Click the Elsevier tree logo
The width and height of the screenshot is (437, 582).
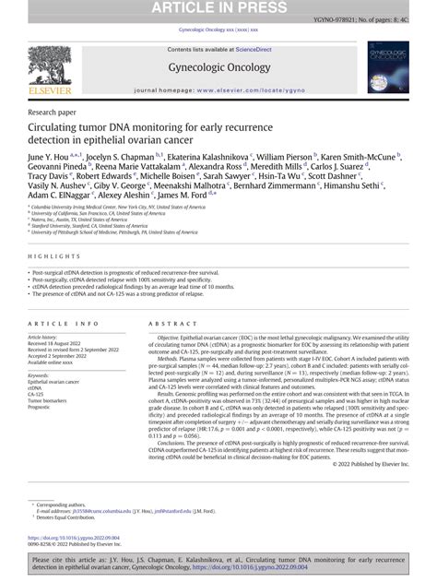pos(49,65)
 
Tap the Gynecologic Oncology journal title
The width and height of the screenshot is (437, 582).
pos(218,67)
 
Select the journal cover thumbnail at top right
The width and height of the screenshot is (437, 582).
pos(386,68)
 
